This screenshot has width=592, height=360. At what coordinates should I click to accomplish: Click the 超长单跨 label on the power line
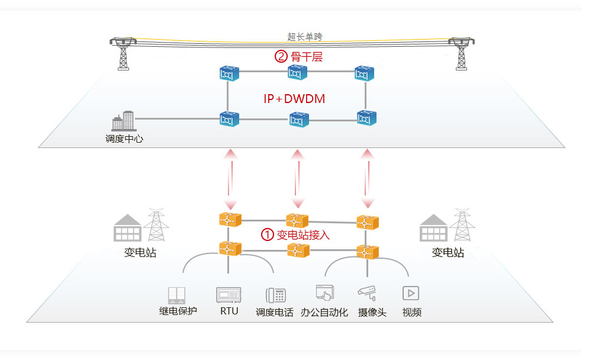pyautogui.click(x=305, y=37)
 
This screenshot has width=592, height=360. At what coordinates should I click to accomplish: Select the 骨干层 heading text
pyautogui.click(x=307, y=57)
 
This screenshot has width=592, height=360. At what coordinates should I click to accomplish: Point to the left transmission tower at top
pyautogui.click(x=123, y=53)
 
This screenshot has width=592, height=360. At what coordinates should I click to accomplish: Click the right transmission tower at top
pyautogui.click(x=460, y=53)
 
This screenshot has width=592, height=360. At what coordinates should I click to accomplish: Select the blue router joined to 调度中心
pyautogui.click(x=229, y=118)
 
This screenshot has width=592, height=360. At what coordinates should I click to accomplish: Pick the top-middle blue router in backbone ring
pyautogui.click(x=297, y=73)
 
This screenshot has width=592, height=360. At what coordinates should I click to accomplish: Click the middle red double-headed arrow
pyautogui.click(x=297, y=178)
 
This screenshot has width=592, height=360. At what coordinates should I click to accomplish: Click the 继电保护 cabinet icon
pyautogui.click(x=177, y=294)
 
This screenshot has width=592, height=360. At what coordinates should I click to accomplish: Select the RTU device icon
pyautogui.click(x=229, y=294)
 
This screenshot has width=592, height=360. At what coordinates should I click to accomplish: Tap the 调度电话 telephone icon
pyautogui.click(x=275, y=295)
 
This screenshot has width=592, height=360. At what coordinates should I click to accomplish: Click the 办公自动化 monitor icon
pyautogui.click(x=324, y=294)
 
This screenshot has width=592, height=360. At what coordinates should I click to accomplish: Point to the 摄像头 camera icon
pyautogui.click(x=367, y=292)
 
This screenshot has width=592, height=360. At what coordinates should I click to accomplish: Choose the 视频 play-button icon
pyautogui.click(x=411, y=292)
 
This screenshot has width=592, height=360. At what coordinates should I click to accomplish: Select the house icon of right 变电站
pyautogui.click(x=433, y=228)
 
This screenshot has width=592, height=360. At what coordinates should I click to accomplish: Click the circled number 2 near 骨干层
pyautogui.click(x=281, y=57)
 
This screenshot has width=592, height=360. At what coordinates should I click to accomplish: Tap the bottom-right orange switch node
pyautogui.click(x=367, y=252)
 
